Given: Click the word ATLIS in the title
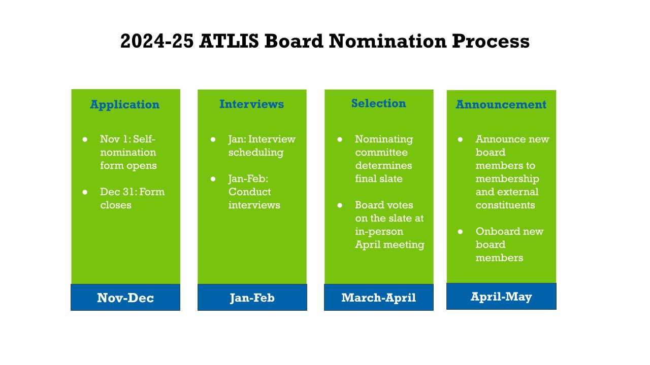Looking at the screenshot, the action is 229,41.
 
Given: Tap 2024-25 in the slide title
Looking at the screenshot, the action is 157,41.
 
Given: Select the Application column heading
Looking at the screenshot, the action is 125,104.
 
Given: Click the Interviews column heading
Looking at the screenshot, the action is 251,104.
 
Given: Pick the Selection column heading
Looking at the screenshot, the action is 379,103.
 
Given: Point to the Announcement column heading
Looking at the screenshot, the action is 501,104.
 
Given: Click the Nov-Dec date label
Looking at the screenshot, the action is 125,298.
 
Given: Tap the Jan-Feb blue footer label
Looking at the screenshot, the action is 252,298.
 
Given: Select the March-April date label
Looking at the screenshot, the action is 379,298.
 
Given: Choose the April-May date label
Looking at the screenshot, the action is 501,297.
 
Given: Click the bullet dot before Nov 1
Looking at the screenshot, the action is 85,139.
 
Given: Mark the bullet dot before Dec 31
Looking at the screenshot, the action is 85,192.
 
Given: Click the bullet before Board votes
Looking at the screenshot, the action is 340,205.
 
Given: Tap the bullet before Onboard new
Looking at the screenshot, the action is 460,232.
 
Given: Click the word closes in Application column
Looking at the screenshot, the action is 116,205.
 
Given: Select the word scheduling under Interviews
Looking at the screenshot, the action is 256,153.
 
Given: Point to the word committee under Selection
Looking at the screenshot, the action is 381,153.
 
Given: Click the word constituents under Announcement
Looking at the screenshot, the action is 505,205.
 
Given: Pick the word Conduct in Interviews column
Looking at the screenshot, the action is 249,192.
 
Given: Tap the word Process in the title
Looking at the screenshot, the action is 491,41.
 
